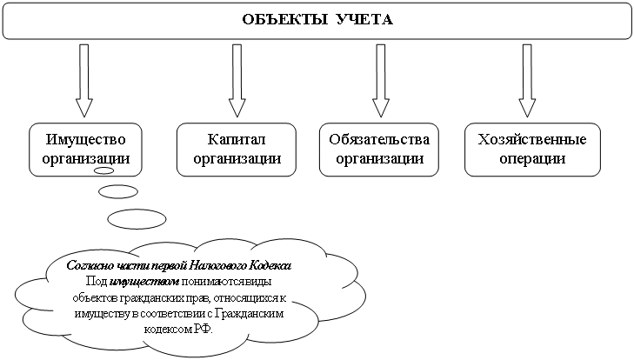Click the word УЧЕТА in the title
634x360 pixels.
(364, 19)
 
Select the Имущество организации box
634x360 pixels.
(85, 149)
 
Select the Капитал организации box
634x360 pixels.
(236, 149)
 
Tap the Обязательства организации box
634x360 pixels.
(380, 149)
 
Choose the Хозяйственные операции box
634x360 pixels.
(532, 149)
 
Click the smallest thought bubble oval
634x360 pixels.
(103, 172)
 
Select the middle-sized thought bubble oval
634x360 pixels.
(118, 191)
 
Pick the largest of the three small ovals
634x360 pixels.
(137, 217)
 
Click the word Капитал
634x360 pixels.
(236, 140)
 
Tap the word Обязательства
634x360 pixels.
(380, 140)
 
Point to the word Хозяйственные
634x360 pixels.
(532, 140)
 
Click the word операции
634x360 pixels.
(532, 159)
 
